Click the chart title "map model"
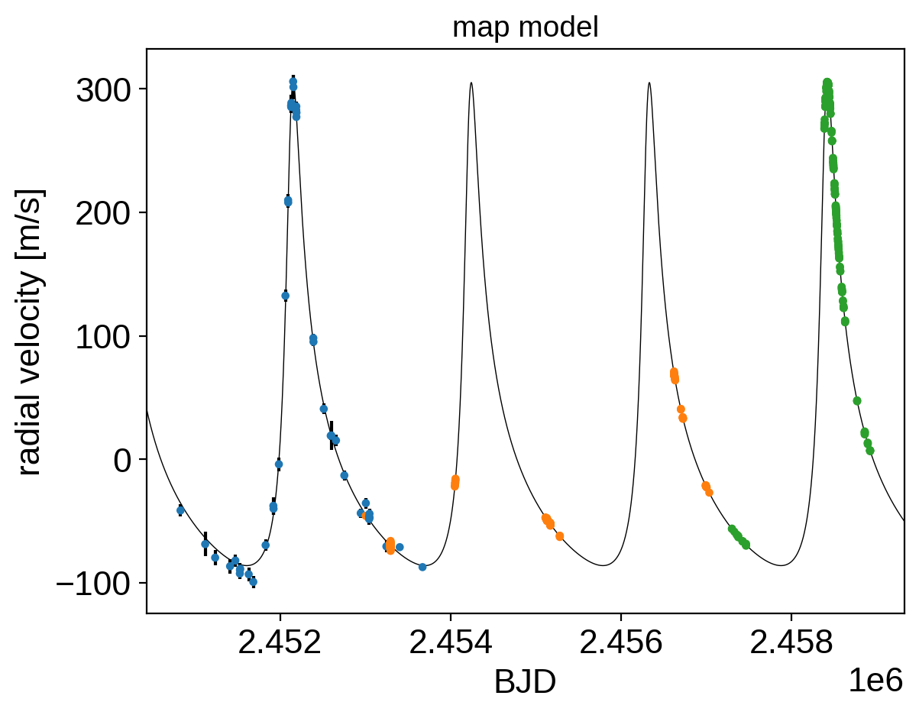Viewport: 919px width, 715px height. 525,27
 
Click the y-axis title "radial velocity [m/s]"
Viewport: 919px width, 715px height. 29,332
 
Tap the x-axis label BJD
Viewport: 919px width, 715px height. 525,682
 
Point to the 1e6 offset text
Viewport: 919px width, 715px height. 875,681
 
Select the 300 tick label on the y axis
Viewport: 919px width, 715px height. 103,90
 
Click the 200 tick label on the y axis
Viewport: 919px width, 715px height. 103,214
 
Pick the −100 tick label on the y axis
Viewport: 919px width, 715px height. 92,585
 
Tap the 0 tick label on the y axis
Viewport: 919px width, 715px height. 121,461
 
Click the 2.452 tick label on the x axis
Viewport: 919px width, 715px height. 280,642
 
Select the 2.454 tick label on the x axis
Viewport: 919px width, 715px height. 451,642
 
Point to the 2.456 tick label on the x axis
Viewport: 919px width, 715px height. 621,642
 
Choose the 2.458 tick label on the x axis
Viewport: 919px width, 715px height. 791,642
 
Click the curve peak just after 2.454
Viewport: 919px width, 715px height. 471,82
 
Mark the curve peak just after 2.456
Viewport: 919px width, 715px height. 649,82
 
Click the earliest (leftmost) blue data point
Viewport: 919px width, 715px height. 180,510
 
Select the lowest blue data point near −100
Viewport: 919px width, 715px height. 254,582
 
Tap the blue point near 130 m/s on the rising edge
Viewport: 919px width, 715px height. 286,296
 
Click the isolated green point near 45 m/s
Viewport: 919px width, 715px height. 857,401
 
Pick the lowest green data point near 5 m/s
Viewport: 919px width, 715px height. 870,451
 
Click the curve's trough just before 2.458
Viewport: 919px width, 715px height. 782,565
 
